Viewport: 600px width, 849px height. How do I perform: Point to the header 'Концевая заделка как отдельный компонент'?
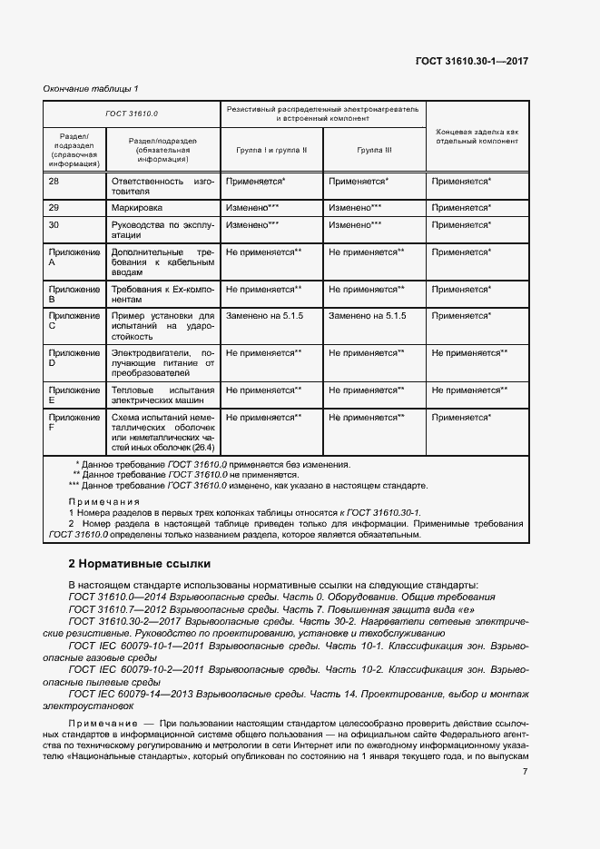click(477, 136)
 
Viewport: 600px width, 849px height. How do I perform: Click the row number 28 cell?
click(54, 182)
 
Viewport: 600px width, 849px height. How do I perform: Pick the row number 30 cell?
click(54, 224)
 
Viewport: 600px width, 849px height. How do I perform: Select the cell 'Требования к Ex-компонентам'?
click(162, 294)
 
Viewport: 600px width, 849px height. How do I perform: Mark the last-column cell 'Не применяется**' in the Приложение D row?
click(469, 351)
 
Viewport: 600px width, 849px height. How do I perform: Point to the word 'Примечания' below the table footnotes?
click(104, 501)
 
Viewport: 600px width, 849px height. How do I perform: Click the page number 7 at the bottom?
click(526, 772)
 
